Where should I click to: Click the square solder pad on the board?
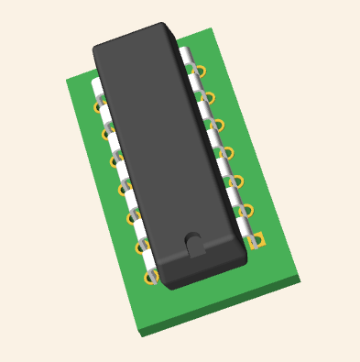pyautogui.click(x=258, y=240)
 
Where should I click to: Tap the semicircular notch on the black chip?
pyautogui.click(x=194, y=242)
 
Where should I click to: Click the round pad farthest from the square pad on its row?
pyautogui.click(x=200, y=70)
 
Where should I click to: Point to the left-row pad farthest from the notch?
pyautogui.click(x=98, y=105)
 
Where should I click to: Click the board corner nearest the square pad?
pyautogui.click(x=300, y=277)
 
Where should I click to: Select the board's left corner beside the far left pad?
pyautogui.click(x=66, y=80)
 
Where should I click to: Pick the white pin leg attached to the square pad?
pyautogui.click(x=247, y=236)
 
